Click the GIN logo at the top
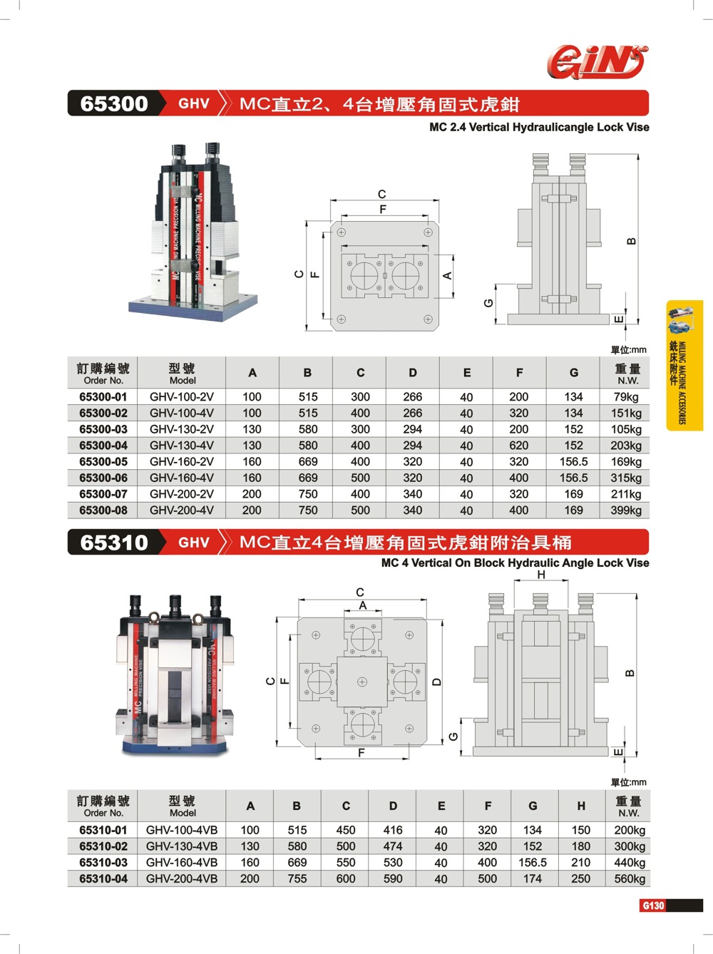597,61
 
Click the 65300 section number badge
114,103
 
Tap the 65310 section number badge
114,543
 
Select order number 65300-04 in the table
103,446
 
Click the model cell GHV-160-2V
182,462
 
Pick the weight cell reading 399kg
626,511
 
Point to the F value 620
519,446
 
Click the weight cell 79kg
626,397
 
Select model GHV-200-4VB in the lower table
182,879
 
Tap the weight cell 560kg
630,879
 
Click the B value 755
297,879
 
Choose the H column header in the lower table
581,806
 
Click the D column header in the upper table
413,373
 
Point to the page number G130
653,906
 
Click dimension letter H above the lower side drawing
541,575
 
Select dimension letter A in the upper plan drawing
448,276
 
